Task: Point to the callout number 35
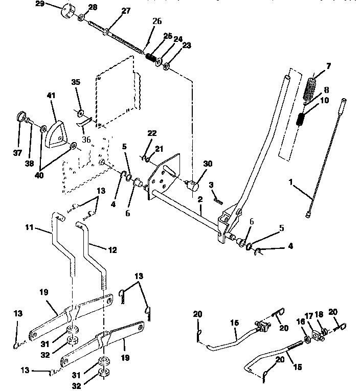[x=76, y=82]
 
